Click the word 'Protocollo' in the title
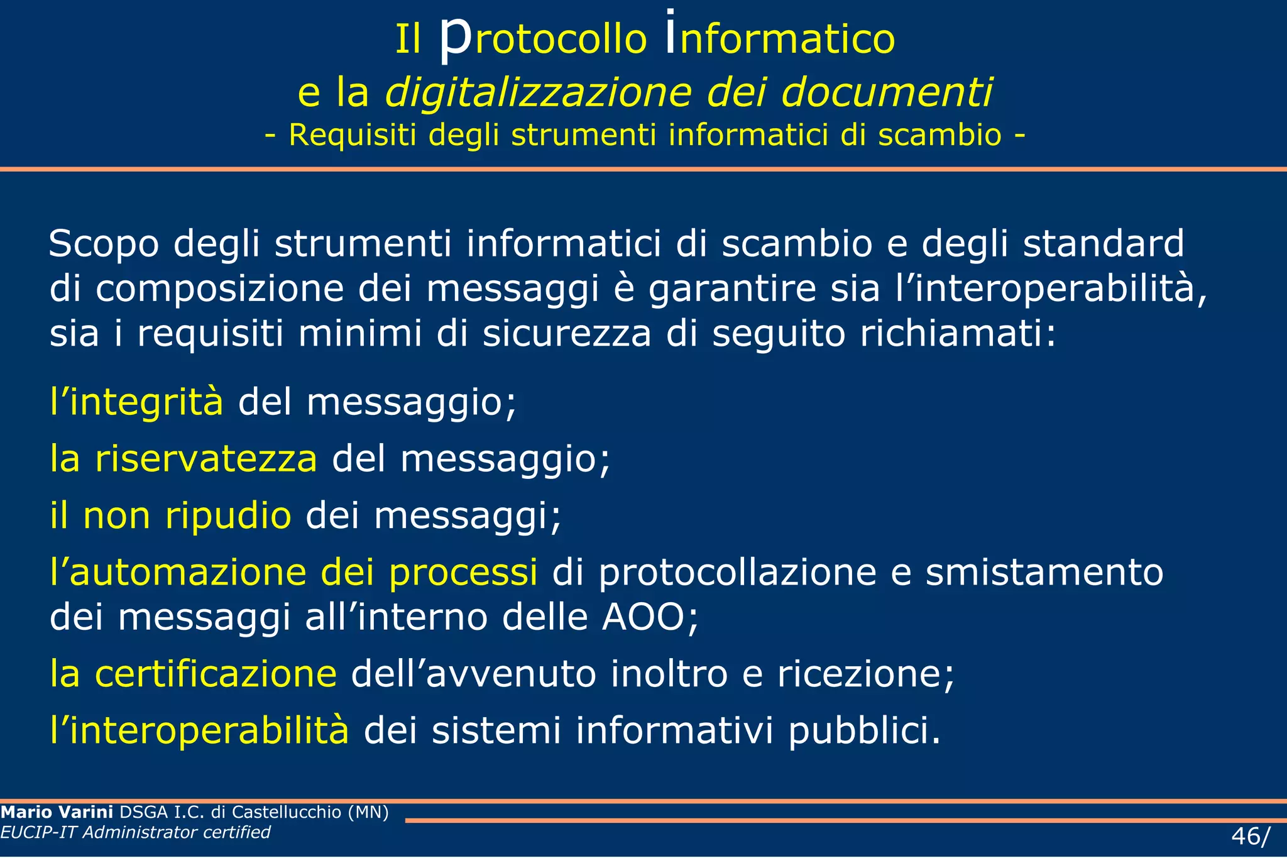click(x=542, y=39)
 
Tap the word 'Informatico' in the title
click(x=780, y=39)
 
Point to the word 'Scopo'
click(x=104, y=244)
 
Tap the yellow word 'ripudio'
click(x=228, y=515)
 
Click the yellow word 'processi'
click(x=463, y=573)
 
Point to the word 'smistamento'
click(x=1044, y=573)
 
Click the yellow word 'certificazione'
click(x=216, y=674)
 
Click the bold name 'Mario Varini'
click(x=57, y=812)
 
